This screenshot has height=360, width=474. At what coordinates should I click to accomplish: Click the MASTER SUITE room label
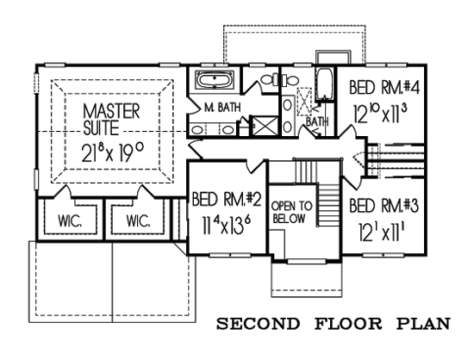coord(111,119)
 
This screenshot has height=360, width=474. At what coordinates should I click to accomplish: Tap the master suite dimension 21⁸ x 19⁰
coord(112,154)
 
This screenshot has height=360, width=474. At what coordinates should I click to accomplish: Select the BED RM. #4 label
coord(383,87)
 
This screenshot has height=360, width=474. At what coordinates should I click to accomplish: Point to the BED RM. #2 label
coord(227,199)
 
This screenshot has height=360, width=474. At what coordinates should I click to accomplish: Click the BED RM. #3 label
coord(383,206)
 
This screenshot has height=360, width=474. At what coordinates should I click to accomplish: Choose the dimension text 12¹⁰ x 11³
coord(381,114)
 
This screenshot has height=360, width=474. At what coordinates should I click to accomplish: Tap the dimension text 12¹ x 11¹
coord(383,231)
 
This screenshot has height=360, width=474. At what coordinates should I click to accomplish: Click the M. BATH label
coord(222,107)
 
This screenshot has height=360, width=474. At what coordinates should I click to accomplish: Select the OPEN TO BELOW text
coord(292,212)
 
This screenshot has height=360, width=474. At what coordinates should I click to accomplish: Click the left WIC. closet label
coord(70,221)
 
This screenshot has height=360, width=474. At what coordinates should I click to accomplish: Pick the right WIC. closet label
coord(138,221)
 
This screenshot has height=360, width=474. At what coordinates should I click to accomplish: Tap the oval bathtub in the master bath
coord(214,80)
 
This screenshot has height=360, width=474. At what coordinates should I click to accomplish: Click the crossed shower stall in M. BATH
coord(265,125)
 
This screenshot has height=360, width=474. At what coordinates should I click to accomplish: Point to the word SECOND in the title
coord(258,324)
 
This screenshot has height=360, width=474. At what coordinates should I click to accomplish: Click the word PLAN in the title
coord(424,324)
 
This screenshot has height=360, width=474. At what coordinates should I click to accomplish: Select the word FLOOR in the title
coord(348,324)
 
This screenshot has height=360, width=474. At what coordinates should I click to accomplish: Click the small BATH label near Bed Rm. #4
coord(317,122)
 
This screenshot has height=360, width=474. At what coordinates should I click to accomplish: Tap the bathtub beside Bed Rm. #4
coord(324,84)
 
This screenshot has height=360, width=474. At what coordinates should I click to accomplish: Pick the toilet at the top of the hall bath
coord(289,80)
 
